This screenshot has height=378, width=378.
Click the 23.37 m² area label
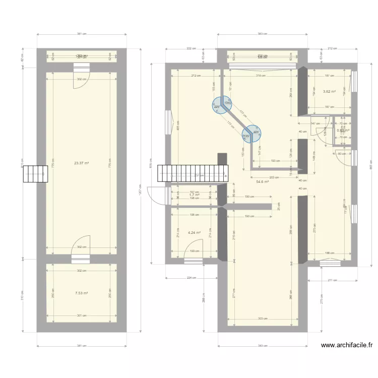tap(81, 163)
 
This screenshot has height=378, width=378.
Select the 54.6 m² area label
tap(262, 182)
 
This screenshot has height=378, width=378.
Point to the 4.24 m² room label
tap(194, 233)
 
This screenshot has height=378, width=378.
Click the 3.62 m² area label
tap(329, 92)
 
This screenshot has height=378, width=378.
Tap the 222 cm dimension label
tap(190, 49)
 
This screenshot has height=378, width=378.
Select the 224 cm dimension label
tap(191, 278)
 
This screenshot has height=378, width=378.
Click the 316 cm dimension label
tap(260, 76)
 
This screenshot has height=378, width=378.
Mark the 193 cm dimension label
tap(275, 161)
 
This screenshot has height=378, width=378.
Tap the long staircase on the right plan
tap(191, 173)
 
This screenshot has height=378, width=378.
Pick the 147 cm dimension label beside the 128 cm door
tap(316, 123)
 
